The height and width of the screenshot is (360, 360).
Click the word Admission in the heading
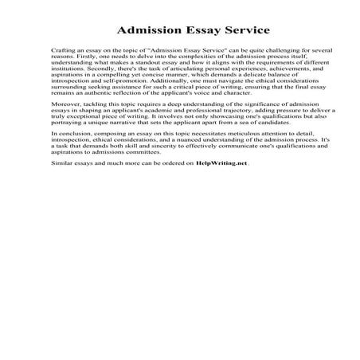149,30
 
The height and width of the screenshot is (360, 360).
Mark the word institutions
68,68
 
